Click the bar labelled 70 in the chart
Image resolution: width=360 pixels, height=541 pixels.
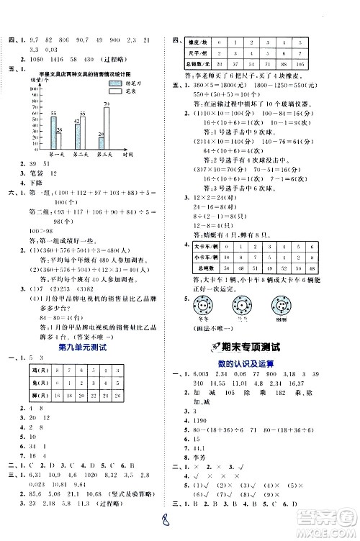(x=107, y=127)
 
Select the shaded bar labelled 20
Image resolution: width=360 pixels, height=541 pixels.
(x=100, y=143)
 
